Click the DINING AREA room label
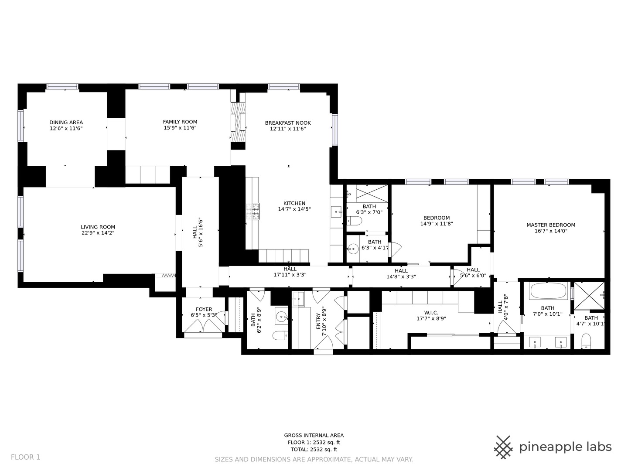[x=66, y=123]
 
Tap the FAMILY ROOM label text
[x=180, y=122]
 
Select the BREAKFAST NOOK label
[x=288, y=123]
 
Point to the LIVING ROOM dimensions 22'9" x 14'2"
[x=98, y=233]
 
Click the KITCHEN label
[x=294, y=203]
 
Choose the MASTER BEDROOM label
[x=551, y=225]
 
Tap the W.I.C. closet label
[x=431, y=313]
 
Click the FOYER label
[x=204, y=309]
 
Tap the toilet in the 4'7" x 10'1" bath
[x=586, y=341]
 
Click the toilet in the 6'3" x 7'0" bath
[x=355, y=222]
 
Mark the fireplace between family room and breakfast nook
[x=238, y=122]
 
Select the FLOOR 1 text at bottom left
[x=25, y=457]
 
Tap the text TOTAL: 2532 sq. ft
[x=314, y=449]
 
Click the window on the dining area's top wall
[x=62, y=86]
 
